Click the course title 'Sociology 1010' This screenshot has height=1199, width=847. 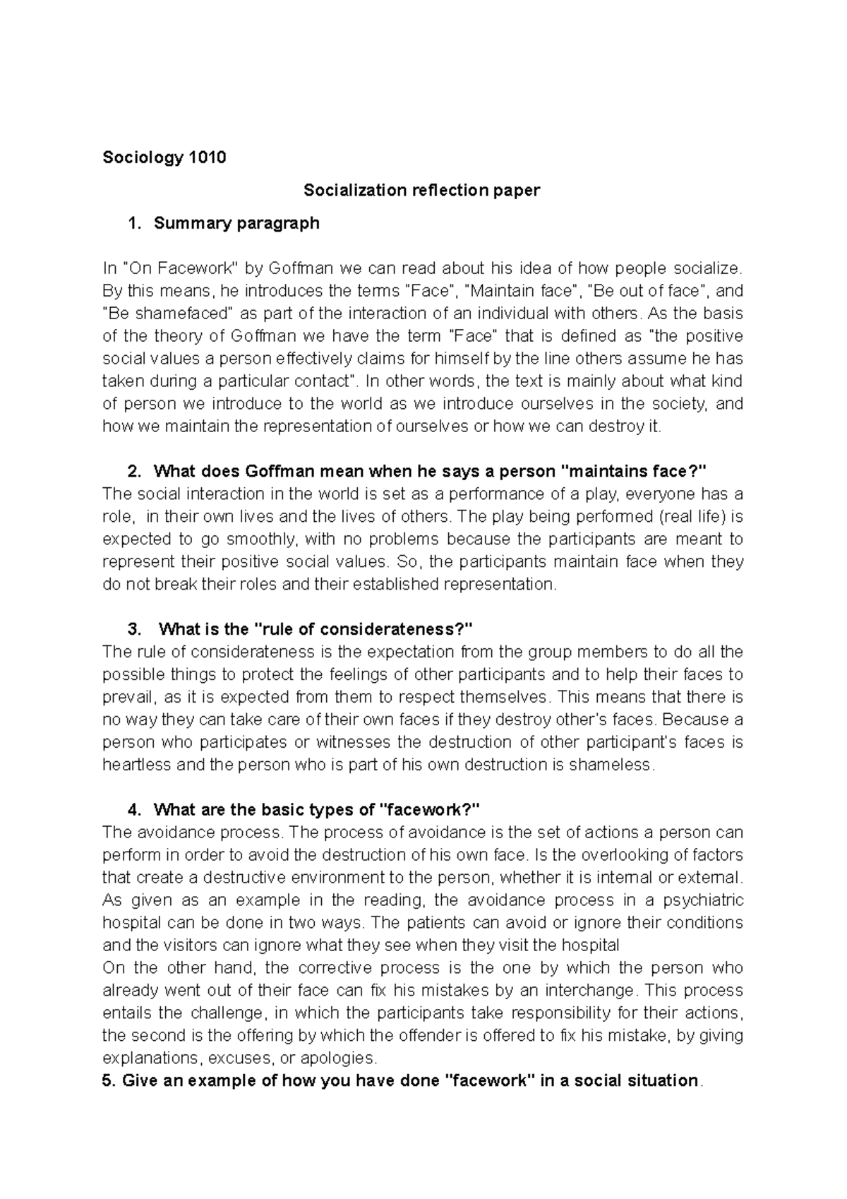coord(164,157)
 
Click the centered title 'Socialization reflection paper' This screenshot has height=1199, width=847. coord(421,191)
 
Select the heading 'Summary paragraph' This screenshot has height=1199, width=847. coord(236,224)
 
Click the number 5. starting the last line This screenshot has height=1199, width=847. coord(109,1081)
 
